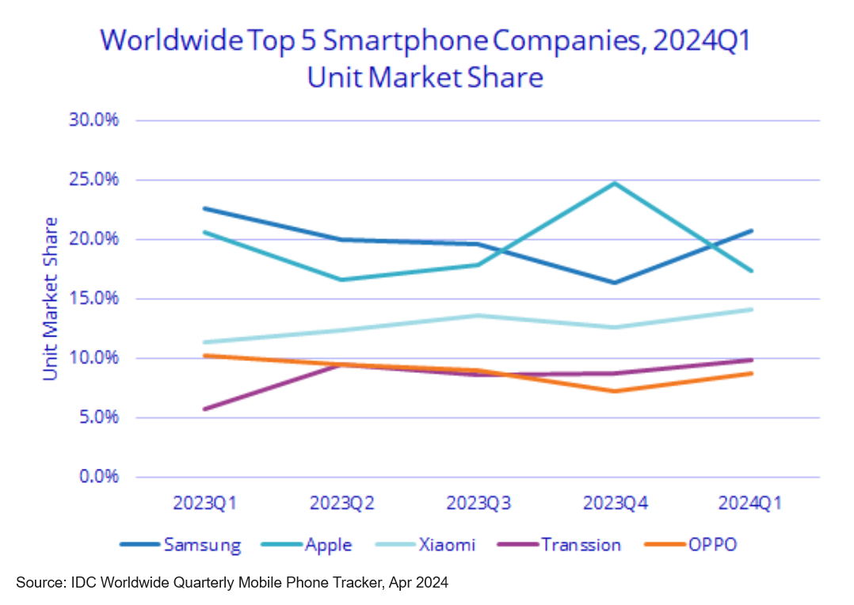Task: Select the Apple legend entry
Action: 328,545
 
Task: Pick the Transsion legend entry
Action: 581,545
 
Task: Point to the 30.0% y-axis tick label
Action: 93,120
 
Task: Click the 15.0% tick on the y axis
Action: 93,299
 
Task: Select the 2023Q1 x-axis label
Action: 204,504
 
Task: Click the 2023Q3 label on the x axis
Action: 478,504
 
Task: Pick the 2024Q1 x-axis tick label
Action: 750,504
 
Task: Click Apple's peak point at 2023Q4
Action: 614,183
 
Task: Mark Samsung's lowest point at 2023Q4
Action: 614,283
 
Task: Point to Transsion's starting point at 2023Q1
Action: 204,409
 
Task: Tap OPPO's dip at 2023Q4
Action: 614,391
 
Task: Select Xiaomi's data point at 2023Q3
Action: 478,315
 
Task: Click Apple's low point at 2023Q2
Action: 341,280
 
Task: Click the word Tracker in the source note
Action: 353,584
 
